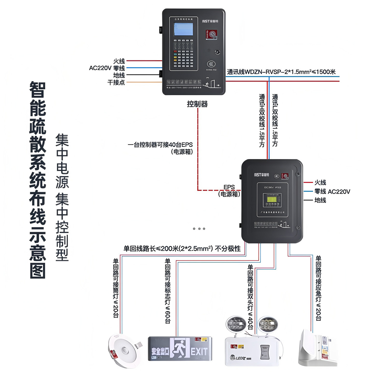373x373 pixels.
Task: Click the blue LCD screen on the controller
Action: click(x=183, y=29)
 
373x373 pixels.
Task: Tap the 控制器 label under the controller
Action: click(x=197, y=104)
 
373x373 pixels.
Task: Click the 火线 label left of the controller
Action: click(x=119, y=61)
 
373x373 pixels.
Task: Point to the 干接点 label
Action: click(x=116, y=82)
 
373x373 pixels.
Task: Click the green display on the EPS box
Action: click(x=272, y=199)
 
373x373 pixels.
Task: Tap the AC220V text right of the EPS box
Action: click(x=339, y=192)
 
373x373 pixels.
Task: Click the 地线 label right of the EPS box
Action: click(x=320, y=200)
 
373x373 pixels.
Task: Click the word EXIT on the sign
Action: click(x=199, y=352)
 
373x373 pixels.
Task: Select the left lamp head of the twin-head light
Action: click(x=236, y=324)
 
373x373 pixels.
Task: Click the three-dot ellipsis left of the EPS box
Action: click(x=199, y=229)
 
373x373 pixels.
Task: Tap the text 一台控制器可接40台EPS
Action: click(x=160, y=145)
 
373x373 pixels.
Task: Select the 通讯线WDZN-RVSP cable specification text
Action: click(x=281, y=72)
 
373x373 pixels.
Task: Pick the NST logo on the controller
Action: click(x=210, y=21)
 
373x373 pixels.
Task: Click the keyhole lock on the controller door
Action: click(x=218, y=52)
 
